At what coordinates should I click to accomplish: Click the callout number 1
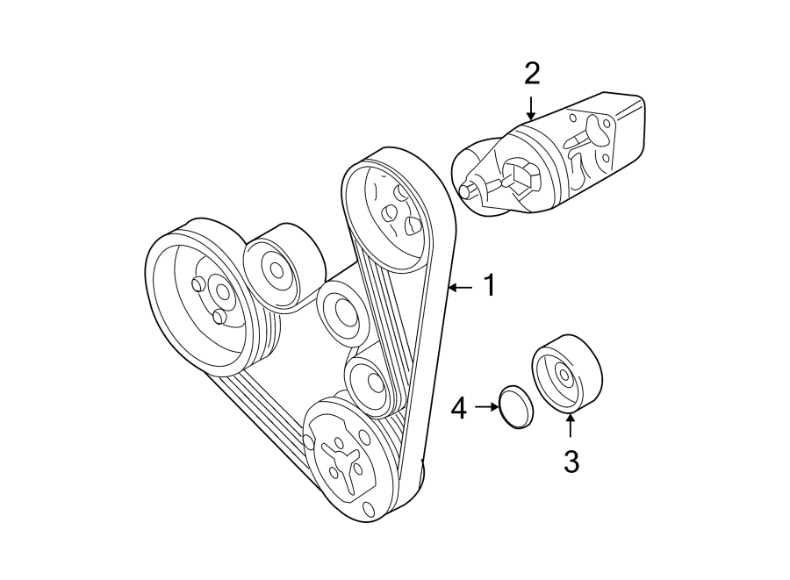click(x=489, y=285)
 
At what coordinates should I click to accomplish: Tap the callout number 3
click(x=571, y=462)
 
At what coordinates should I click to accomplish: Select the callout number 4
click(x=458, y=408)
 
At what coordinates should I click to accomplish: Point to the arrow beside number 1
click(x=460, y=286)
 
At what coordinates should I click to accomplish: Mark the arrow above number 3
click(x=571, y=426)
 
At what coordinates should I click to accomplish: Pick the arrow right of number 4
click(x=485, y=407)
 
